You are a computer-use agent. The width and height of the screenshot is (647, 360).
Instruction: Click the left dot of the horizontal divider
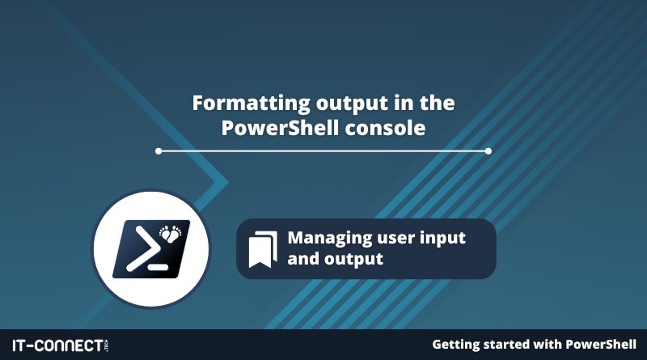(x=159, y=151)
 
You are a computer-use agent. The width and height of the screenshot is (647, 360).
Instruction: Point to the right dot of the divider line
(x=488, y=151)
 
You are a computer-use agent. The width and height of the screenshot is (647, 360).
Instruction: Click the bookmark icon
(x=263, y=249)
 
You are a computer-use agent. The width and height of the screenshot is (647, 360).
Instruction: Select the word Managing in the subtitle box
(x=330, y=239)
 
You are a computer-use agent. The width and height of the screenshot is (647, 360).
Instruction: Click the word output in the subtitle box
(x=353, y=260)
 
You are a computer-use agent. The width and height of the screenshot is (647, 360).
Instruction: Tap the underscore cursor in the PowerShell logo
(x=158, y=267)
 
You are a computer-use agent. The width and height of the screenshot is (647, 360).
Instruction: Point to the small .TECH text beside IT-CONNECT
(x=107, y=345)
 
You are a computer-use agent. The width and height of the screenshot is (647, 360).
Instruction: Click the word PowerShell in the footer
(x=600, y=345)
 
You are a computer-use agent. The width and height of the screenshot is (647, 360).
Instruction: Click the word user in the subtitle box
(x=396, y=239)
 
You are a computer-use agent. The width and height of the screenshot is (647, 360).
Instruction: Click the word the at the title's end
(x=438, y=104)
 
